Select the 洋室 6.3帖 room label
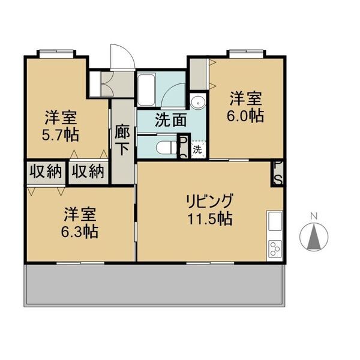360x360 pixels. tap(82, 222)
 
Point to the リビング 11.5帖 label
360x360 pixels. tap(209, 209)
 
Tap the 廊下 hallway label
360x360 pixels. tap(122, 140)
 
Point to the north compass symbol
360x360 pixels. tap(313, 238)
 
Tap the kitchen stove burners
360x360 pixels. tap(275, 247)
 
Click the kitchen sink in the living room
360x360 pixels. tap(275, 221)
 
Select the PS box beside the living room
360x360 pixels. tap(278, 173)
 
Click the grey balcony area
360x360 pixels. tap(155, 285)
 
